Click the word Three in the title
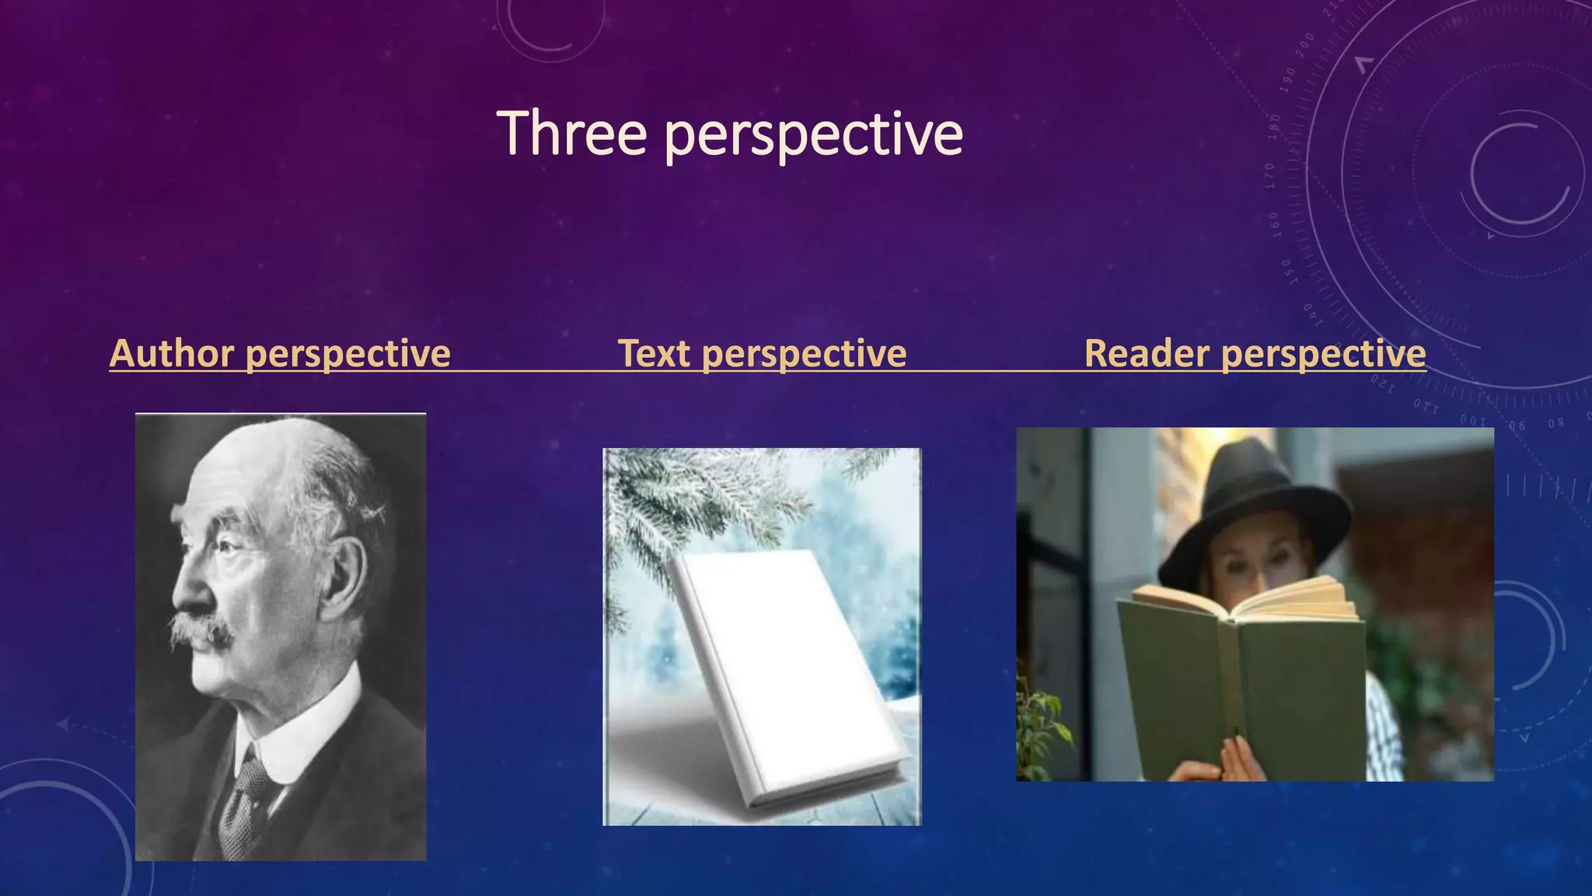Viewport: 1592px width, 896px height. tap(571, 134)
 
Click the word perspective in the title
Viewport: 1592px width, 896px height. tap(814, 136)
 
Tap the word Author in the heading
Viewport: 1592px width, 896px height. tap(172, 353)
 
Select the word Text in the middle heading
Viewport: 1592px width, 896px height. tap(654, 353)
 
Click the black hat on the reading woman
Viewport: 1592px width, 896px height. tap(1252, 506)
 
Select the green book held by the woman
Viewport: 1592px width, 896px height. tap(1244, 684)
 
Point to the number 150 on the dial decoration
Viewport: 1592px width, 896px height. tap(1286, 271)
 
